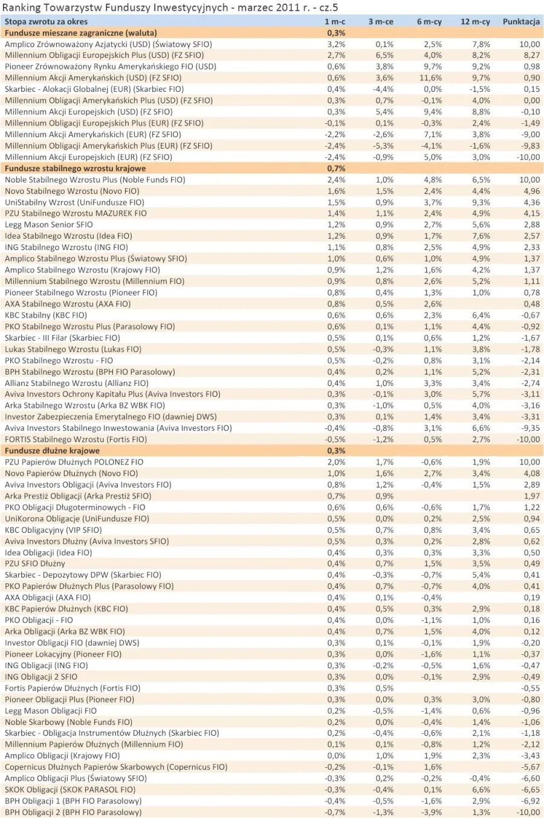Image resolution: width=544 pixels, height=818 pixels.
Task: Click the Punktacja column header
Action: pyautogui.click(x=520, y=22)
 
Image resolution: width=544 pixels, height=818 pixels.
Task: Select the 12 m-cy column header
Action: pyautogui.click(x=475, y=22)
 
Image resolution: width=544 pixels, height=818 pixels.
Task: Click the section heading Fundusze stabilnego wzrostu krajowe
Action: pyautogui.click(x=76, y=169)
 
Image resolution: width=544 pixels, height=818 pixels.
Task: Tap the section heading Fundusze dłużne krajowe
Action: pyautogui.click(x=52, y=451)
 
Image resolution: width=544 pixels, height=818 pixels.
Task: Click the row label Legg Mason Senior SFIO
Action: pyautogui.click(x=49, y=225)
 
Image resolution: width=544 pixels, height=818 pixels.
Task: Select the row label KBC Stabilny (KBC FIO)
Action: pyautogui.click(x=46, y=315)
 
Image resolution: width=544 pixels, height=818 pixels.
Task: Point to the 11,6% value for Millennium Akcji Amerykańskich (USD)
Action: pyautogui.click(x=430, y=78)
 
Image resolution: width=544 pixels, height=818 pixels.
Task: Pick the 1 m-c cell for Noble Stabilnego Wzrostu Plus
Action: pyautogui.click(x=336, y=180)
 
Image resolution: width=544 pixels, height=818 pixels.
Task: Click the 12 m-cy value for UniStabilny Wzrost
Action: pyautogui.click(x=481, y=202)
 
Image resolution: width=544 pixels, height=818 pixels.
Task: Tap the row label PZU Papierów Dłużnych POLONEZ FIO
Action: pyautogui.click(x=74, y=462)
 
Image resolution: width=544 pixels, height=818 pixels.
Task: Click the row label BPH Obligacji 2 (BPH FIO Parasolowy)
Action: pyautogui.click(x=73, y=813)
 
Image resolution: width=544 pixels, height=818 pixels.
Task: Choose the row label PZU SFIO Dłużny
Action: pyautogui.click(x=35, y=564)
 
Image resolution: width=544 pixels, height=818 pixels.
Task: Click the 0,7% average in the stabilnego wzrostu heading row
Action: pyautogui.click(x=336, y=169)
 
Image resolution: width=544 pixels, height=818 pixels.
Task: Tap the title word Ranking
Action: pyautogui.click(x=22, y=7)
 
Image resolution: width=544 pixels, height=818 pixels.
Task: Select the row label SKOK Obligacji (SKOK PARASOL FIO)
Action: pyautogui.click(x=70, y=790)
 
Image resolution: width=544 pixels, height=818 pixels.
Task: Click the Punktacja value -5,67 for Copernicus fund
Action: pyautogui.click(x=529, y=767)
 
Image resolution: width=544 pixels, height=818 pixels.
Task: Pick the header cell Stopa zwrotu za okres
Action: pyautogui.click(x=46, y=22)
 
